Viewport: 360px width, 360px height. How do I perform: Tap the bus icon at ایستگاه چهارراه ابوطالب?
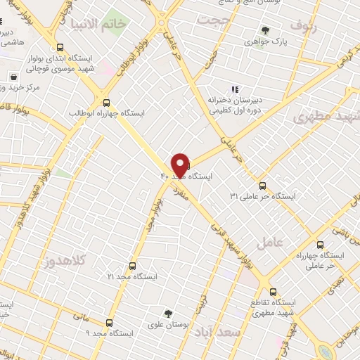106,101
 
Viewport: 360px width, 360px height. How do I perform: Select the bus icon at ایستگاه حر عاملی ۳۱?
263,186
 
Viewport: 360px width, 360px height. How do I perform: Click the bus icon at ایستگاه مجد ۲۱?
133,266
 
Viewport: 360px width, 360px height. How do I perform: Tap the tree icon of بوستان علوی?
168,314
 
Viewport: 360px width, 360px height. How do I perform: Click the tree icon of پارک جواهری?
265,30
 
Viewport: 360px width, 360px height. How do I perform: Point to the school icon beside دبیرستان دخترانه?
235,89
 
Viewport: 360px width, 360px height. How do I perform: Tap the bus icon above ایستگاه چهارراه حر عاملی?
321,245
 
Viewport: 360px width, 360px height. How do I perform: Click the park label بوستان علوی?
167,326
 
